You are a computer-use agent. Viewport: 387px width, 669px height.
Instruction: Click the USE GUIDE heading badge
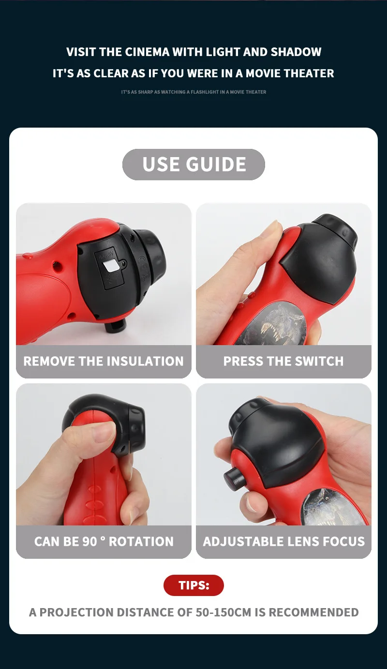click(x=193, y=164)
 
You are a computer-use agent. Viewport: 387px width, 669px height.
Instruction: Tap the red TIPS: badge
click(x=193, y=585)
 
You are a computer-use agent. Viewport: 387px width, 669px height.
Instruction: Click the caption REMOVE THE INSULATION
click(x=104, y=361)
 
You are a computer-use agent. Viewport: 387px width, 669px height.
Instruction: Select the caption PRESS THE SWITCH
click(x=283, y=361)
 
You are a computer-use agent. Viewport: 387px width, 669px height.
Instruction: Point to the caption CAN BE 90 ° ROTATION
click(x=104, y=541)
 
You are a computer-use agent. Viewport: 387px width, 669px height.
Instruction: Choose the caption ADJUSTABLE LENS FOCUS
click(x=283, y=541)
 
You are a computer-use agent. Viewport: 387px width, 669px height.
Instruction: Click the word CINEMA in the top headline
click(x=143, y=52)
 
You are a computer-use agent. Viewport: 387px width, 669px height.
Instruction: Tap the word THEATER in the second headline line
click(x=309, y=73)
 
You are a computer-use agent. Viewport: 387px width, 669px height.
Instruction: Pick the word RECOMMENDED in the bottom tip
click(x=313, y=612)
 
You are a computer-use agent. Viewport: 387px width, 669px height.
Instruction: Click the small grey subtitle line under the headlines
click(x=193, y=92)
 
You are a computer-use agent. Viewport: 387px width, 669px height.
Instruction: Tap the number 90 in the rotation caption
click(x=90, y=541)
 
